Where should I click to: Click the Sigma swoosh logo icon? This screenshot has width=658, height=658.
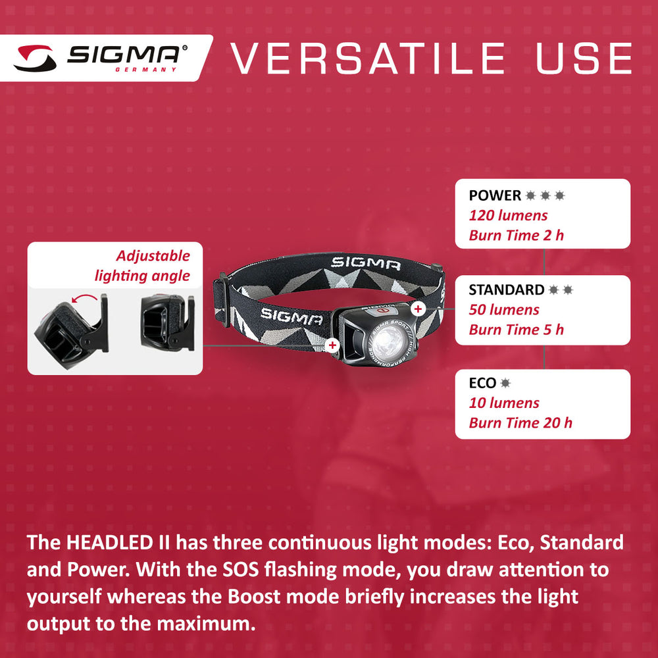point(36,58)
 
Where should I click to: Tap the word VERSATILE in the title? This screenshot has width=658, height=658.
point(368,59)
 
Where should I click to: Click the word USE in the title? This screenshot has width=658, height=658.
point(584,59)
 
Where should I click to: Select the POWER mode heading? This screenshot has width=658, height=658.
point(495,195)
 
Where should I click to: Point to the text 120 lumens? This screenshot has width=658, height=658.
point(508,215)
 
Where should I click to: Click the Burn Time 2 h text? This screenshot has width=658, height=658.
point(516,236)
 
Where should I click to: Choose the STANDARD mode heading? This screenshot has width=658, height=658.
point(507,290)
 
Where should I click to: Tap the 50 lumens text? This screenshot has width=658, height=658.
point(504,310)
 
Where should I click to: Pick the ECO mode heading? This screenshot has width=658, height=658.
point(482,383)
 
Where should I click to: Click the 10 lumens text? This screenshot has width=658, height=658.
point(504,403)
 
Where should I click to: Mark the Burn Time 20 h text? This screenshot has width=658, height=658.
point(520,423)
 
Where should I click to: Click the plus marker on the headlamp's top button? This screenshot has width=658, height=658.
point(418,309)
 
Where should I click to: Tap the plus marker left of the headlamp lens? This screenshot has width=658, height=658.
point(333,345)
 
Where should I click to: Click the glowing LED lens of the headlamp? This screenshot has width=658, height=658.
point(389,340)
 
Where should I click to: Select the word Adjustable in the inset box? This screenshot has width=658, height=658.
point(153,256)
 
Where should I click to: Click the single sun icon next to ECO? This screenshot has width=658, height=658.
point(505,383)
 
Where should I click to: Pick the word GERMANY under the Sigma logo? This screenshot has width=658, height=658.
point(146,70)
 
